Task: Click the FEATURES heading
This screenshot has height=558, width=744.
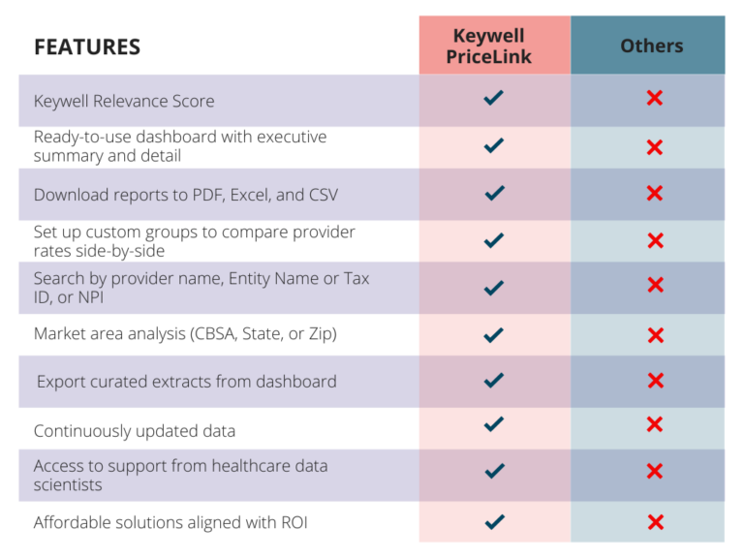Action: pyautogui.click(x=87, y=46)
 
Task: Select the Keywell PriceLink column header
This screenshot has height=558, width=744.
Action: pyautogui.click(x=494, y=46)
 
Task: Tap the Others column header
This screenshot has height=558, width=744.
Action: pyautogui.click(x=651, y=46)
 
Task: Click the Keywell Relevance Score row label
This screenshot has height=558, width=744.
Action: pyautogui.click(x=124, y=101)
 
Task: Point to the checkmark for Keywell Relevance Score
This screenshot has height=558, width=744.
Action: pyautogui.click(x=494, y=98)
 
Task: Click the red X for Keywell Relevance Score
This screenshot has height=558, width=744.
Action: pyautogui.click(x=655, y=98)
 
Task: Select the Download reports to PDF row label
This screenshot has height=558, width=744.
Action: pyautogui.click(x=186, y=195)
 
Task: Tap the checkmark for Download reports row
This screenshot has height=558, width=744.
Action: pyautogui.click(x=494, y=193)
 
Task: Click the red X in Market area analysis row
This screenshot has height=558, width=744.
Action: pyautogui.click(x=655, y=335)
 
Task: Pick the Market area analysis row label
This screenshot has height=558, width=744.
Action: pyautogui.click(x=185, y=334)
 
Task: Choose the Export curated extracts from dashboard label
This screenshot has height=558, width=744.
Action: pyautogui.click(x=187, y=382)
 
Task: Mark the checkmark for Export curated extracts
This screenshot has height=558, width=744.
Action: pyautogui.click(x=494, y=381)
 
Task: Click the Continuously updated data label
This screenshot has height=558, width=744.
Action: pyautogui.click(x=135, y=430)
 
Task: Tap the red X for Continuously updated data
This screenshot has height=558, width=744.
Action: pyautogui.click(x=655, y=424)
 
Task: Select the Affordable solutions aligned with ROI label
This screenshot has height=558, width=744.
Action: pyautogui.click(x=170, y=523)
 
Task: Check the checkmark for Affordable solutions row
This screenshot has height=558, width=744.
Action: pyautogui.click(x=494, y=522)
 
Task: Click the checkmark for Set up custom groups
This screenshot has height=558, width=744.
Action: pyautogui.click(x=494, y=239)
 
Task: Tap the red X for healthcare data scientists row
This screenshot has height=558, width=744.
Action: pyautogui.click(x=655, y=471)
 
